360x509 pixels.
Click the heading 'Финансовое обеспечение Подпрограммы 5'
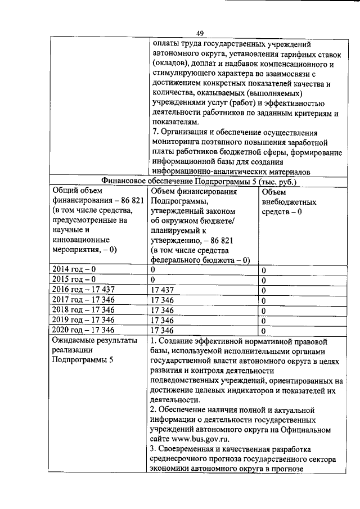click(199, 182)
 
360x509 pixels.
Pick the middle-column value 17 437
click(163, 290)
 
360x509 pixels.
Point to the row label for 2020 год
click(83, 330)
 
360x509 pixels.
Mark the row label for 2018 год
click(83, 310)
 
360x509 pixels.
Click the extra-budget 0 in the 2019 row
click(264, 320)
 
